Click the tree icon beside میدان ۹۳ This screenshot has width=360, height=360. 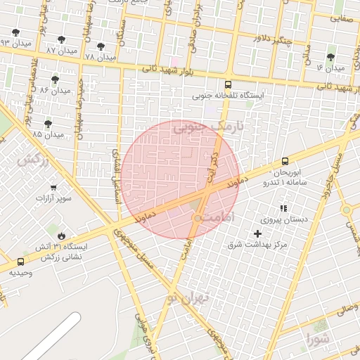point(16,32)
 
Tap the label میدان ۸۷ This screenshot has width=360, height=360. point(62,51)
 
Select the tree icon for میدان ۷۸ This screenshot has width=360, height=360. point(101,46)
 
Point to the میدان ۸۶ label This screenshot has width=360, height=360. point(56,91)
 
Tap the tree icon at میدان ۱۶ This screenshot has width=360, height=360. point(330,57)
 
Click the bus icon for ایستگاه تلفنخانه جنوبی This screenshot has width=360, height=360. point(237,84)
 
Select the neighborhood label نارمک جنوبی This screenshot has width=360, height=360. point(208,128)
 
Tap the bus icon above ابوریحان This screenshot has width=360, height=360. point(285,161)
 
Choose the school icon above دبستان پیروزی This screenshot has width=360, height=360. point(283,208)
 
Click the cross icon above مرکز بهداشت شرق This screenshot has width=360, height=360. point(257,233)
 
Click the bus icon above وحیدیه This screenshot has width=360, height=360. point(20,262)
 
